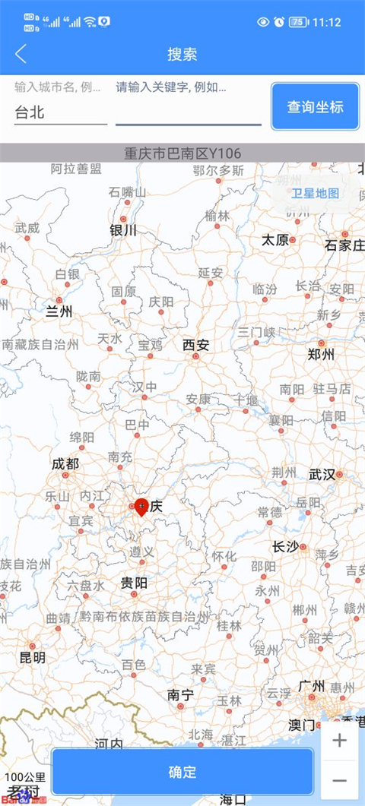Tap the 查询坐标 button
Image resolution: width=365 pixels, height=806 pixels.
[x=315, y=106]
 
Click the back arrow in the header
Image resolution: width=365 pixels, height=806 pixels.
[x=21, y=54]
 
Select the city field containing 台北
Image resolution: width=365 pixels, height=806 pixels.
[x=60, y=112]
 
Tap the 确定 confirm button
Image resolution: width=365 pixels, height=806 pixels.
[x=182, y=773]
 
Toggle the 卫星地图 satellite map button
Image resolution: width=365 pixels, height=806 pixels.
[x=316, y=193]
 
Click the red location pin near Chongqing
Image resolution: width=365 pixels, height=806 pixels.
[x=141, y=505]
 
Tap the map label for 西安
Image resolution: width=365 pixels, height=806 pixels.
[x=195, y=346]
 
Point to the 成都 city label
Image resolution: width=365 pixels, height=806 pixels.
[x=65, y=463]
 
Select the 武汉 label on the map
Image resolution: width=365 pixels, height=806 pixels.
[x=322, y=475]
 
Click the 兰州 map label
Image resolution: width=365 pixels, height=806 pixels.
[x=59, y=311]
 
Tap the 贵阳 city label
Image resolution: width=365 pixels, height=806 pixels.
[x=134, y=583]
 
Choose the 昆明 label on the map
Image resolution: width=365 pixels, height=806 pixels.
[x=32, y=657]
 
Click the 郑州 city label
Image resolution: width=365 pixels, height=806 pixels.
[x=321, y=353]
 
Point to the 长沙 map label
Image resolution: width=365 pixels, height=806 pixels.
[x=286, y=547]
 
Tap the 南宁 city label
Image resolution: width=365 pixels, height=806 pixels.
[x=181, y=694]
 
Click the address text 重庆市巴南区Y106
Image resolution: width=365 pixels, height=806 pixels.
[x=182, y=153]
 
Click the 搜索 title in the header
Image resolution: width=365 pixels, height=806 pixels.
[x=182, y=54]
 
